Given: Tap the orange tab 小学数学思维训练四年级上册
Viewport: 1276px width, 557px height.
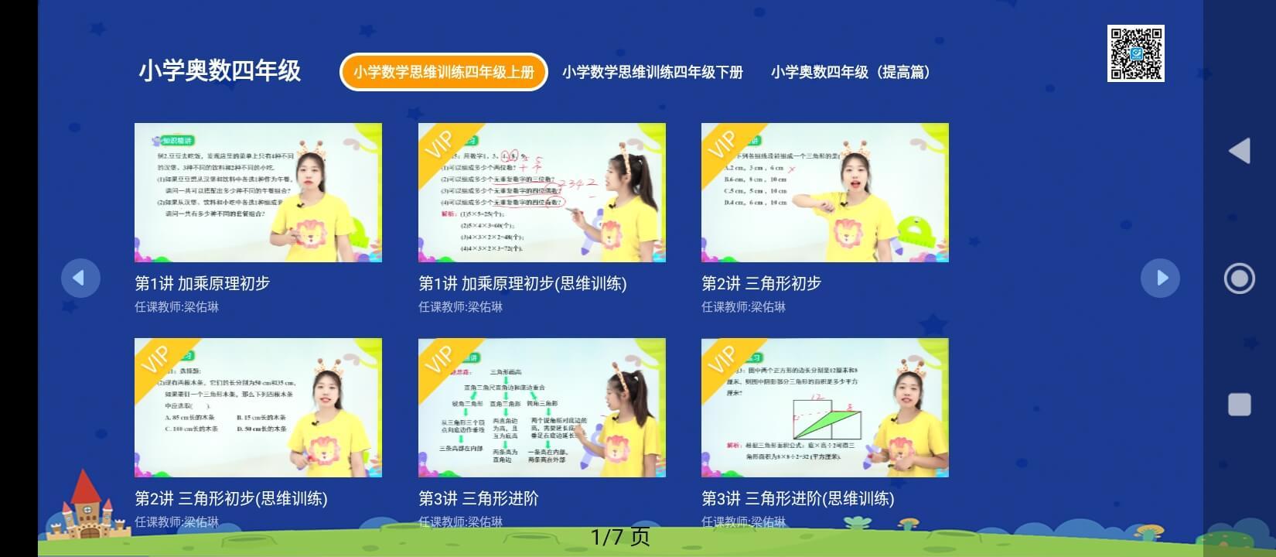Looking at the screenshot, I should click(x=444, y=72).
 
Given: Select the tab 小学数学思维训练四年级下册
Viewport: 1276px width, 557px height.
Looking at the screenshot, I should click(x=652, y=72).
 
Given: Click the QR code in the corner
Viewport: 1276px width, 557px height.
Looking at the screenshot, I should click(x=1135, y=53).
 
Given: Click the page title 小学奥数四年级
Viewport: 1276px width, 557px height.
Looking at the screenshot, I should click(x=220, y=71).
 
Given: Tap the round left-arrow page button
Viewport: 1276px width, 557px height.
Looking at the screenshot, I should click(x=80, y=278).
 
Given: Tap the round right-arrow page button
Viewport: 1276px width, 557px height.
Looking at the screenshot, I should click(x=1160, y=278).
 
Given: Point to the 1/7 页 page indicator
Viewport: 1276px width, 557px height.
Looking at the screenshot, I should click(x=620, y=536).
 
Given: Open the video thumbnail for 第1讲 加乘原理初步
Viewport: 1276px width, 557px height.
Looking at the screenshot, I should click(x=258, y=193).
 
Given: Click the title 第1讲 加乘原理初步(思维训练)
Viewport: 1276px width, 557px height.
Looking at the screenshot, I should click(x=522, y=284).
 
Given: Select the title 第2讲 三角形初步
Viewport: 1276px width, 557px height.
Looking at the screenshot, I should click(x=761, y=284).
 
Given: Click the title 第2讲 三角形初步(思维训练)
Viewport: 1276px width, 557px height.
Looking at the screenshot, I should click(x=231, y=499).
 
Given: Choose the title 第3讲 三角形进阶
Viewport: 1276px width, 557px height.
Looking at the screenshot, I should click(x=478, y=499).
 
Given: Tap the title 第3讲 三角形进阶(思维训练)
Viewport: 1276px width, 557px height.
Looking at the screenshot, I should click(x=797, y=499).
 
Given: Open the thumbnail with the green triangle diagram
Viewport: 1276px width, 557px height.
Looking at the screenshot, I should click(x=824, y=408).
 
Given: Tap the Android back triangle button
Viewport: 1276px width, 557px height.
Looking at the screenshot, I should click(x=1239, y=151).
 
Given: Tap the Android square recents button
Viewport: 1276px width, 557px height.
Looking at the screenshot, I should click(x=1239, y=405).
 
